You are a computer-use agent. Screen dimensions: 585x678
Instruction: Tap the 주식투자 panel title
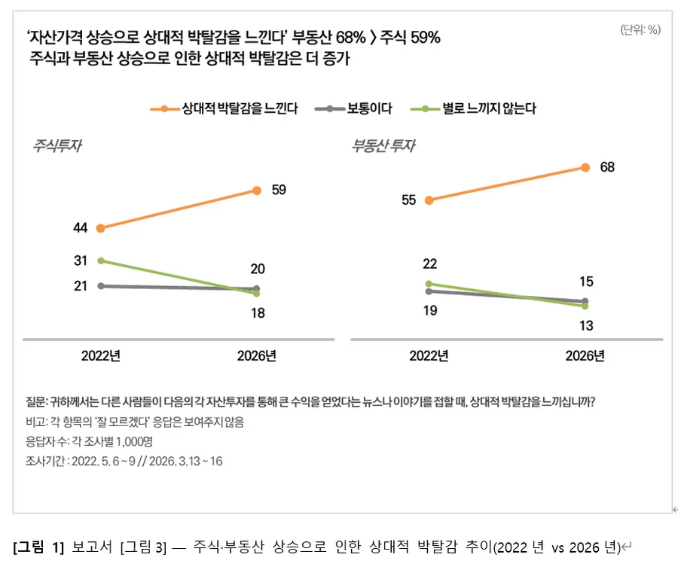click(x=56, y=146)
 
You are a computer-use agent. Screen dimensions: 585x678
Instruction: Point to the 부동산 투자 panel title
click(x=383, y=146)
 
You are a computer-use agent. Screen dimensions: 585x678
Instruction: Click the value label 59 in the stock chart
click(x=279, y=190)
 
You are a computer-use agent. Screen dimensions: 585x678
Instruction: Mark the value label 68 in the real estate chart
click(x=607, y=167)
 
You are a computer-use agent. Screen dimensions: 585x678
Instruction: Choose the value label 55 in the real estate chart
click(x=409, y=200)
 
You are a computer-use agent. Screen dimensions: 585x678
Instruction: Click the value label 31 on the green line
click(x=81, y=261)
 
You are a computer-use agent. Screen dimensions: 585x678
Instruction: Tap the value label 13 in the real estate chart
click(x=586, y=325)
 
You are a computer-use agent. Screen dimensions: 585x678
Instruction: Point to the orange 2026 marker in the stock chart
click(x=257, y=190)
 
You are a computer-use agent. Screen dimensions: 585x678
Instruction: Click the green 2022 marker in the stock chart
click(x=101, y=261)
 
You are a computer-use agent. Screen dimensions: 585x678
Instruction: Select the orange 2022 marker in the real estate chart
click(x=429, y=200)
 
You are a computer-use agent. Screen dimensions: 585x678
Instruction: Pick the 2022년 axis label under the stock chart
click(x=101, y=356)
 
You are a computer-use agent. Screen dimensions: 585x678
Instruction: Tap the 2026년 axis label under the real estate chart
click(x=585, y=356)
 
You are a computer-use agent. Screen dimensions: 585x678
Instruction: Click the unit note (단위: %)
click(x=640, y=30)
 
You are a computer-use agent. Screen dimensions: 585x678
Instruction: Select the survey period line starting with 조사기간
click(x=124, y=461)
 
